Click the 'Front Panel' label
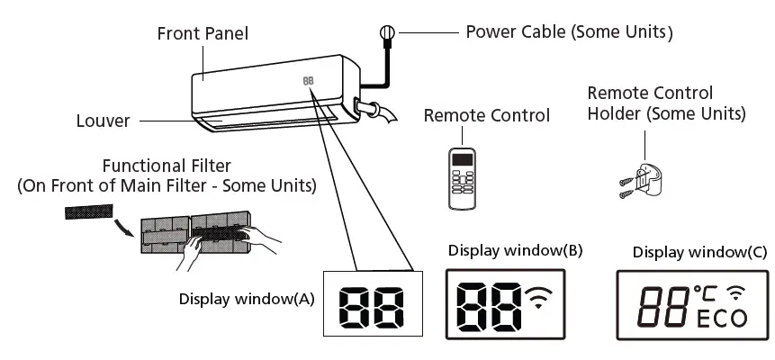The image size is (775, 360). pos(203,34)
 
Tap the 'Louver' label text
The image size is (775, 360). pos(104,120)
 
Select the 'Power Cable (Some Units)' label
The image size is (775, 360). pos(569,32)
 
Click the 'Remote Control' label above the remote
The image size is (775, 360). pos(486,115)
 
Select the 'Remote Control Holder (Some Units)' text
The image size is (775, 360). pos(665,103)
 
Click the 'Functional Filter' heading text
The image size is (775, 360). pos(166,166)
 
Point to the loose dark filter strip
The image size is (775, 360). pos(88,213)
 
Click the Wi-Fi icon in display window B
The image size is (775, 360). pos(540,299)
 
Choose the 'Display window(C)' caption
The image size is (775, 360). pos(688,252)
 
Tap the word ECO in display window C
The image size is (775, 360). pos(721,318)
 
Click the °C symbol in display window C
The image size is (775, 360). pos(705,292)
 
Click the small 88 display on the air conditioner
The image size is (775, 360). pos(309,80)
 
